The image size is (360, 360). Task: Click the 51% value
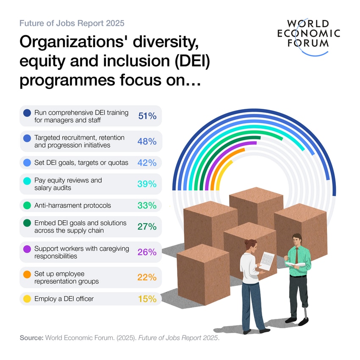click(147, 116)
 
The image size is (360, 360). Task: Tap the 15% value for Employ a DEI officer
click(147, 299)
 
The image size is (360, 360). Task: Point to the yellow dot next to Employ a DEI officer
click(27, 299)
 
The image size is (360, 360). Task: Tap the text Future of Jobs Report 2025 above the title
click(72, 23)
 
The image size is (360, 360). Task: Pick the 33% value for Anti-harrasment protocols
click(147, 205)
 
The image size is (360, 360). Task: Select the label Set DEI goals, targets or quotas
click(81, 163)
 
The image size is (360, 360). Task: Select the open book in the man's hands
click(295, 265)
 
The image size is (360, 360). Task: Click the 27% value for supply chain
click(147, 227)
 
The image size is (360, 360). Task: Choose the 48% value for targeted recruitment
click(147, 141)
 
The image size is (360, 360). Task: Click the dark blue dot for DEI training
click(27, 113)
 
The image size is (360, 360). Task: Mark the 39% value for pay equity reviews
click(147, 184)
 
